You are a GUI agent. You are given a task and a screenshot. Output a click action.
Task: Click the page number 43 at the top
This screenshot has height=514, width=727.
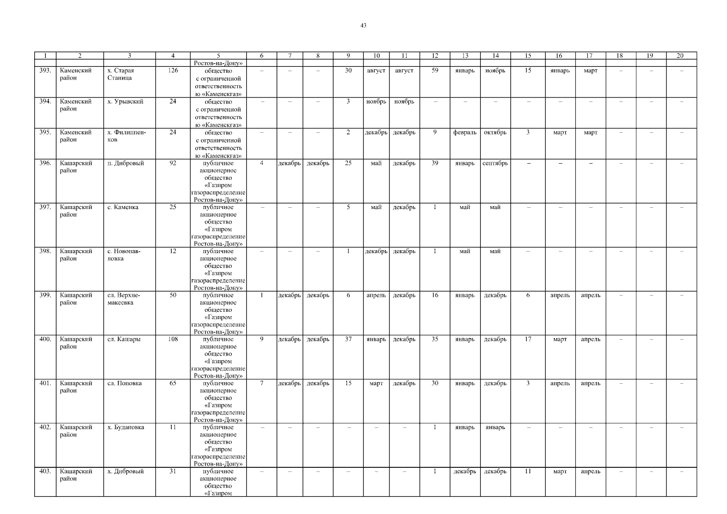[363, 26]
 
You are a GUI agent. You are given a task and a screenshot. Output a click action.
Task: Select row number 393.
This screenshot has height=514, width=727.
[45, 71]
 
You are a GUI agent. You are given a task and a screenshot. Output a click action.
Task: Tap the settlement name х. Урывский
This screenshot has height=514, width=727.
[125, 102]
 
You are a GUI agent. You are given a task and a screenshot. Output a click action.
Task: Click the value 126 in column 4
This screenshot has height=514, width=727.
[173, 71]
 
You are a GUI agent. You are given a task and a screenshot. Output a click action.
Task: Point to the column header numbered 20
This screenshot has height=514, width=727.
[680, 56]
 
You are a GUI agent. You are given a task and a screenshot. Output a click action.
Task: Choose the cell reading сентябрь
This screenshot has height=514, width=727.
[495, 163]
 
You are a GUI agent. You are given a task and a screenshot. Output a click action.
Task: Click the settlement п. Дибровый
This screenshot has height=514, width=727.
[125, 163]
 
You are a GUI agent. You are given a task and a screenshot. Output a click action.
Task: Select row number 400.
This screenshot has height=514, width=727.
[45, 339]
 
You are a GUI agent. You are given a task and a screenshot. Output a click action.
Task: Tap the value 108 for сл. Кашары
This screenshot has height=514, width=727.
[173, 339]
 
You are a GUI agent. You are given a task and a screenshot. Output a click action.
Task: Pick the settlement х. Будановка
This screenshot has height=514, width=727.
[125, 427]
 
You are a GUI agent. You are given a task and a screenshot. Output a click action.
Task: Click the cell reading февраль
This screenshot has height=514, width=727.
[465, 132]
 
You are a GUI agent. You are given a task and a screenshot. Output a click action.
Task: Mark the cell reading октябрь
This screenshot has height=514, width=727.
[495, 132]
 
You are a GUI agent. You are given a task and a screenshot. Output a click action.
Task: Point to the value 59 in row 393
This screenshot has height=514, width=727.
[435, 71]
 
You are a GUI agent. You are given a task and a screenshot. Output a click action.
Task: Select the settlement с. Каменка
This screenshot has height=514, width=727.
[123, 207]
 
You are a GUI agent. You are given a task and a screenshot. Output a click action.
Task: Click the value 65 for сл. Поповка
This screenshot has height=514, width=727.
[173, 383]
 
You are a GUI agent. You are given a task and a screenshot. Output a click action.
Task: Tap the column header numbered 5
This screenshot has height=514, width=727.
[218, 56]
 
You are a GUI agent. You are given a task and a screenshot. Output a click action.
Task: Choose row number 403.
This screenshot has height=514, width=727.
[45, 472]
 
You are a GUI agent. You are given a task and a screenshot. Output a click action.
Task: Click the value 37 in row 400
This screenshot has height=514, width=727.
[348, 339]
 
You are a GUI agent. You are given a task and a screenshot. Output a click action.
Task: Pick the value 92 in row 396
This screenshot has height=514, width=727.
[173, 163]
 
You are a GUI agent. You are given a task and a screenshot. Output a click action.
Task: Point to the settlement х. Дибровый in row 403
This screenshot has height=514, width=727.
[125, 472]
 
